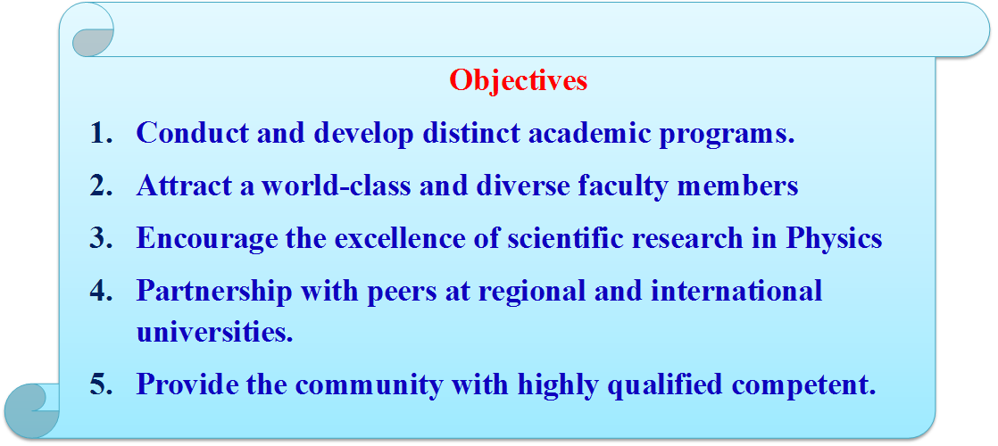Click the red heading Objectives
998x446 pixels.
[518, 81]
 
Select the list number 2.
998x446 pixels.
[101, 186]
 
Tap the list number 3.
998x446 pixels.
[101, 238]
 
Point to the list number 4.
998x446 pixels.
[101, 292]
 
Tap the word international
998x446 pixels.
[736, 292]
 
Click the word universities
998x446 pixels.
[214, 332]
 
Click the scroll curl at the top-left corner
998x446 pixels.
[92, 33]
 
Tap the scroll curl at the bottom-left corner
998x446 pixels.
[32, 409]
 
